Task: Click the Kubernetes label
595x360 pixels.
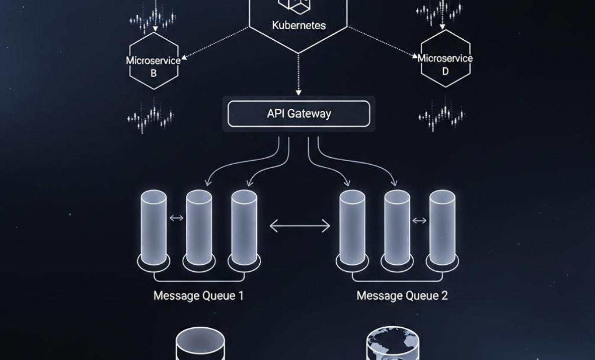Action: [x=299, y=26]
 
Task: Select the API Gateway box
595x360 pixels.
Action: [x=299, y=114]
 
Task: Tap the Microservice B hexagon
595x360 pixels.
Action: [x=154, y=61]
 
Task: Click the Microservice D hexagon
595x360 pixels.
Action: [x=445, y=59]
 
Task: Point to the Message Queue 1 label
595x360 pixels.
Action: [x=198, y=296]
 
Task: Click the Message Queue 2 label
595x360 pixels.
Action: [x=402, y=296]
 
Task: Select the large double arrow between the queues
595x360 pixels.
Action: [x=300, y=226]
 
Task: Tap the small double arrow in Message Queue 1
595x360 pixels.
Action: [x=177, y=218]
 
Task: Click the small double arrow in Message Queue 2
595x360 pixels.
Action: [x=419, y=221]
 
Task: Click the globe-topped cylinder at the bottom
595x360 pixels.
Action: [x=393, y=343]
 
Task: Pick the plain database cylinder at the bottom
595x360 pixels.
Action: [x=200, y=344]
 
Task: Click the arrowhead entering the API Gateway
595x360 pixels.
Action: [x=299, y=92]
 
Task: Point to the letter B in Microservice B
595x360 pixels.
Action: [x=154, y=73]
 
